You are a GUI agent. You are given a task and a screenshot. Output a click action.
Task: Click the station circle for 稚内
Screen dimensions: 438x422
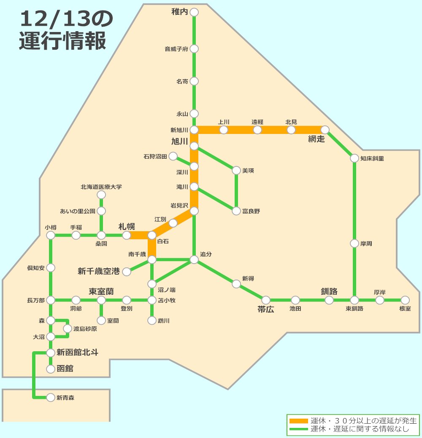click(x=194, y=13)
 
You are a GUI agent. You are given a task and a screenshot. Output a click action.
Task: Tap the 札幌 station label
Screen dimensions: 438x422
click(x=127, y=227)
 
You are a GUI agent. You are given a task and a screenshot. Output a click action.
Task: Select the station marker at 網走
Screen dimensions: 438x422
click(x=325, y=130)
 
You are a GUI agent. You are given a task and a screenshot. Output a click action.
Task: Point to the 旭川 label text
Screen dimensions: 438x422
click(x=179, y=142)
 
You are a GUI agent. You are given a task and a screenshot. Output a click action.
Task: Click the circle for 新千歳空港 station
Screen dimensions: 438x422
click(x=127, y=272)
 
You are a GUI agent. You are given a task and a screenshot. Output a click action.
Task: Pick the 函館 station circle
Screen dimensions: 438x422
click(x=51, y=369)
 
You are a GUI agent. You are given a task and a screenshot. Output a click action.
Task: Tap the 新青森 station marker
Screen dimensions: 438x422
click(x=51, y=397)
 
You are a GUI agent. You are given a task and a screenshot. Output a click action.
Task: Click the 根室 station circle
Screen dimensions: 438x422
click(x=405, y=300)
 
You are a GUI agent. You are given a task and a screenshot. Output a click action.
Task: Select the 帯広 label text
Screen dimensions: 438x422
click(x=266, y=310)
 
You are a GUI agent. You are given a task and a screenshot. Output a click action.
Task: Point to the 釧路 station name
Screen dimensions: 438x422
click(x=329, y=291)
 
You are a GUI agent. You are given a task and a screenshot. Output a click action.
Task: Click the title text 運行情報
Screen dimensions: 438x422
click(x=62, y=41)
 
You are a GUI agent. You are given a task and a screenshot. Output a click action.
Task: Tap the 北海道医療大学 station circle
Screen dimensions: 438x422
click(x=101, y=195)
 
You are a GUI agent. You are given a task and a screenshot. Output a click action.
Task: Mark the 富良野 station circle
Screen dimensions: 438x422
click(x=236, y=211)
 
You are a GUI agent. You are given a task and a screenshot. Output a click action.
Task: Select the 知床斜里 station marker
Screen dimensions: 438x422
click(x=354, y=159)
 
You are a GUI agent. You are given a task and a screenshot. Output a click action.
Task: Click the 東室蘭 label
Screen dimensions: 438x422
click(x=101, y=291)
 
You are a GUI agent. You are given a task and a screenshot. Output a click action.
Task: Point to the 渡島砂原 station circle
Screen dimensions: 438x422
click(x=68, y=328)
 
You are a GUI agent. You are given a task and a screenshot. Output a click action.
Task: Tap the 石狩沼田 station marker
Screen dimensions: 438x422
click(x=173, y=157)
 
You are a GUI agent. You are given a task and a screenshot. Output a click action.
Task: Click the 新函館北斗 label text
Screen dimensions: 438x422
click(x=77, y=353)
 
